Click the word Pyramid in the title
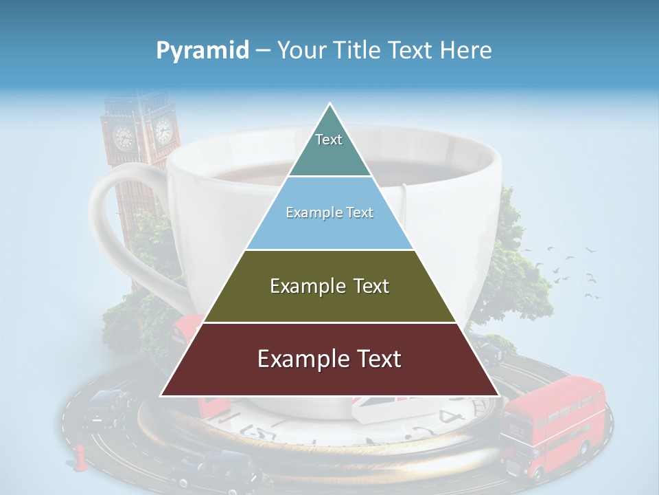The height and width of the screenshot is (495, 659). click(x=202, y=51)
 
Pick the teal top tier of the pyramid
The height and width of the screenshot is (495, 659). click(x=329, y=148)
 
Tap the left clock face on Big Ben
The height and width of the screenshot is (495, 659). click(x=124, y=137)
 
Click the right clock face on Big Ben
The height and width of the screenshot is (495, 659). click(x=163, y=129)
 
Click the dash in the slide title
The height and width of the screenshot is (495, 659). click(x=263, y=51)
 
